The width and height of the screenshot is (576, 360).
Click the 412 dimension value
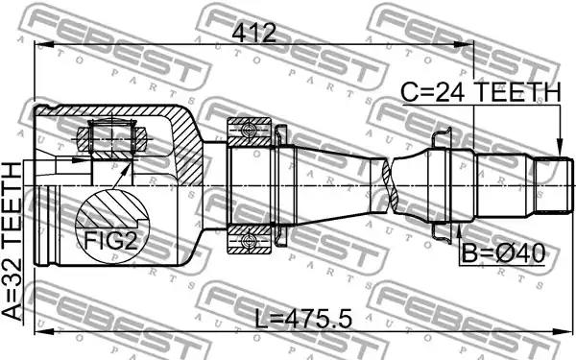pyautogui.click(x=253, y=33)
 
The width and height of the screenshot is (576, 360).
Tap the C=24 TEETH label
pyautogui.click(x=481, y=92)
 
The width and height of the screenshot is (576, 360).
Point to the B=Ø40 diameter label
pyautogui.click(x=503, y=253)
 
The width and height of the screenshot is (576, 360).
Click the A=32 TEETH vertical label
pyautogui.click(x=12, y=242)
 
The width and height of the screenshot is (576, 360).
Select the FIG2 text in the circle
pyautogui.click(x=110, y=241)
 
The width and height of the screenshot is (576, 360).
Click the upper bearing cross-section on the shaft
pyautogui.click(x=250, y=132)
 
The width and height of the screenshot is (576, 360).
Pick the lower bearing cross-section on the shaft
pyautogui.click(x=250, y=239)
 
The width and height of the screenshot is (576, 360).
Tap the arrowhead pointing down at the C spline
pyautogui.click(x=560, y=149)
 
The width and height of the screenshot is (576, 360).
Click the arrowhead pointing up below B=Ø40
pyautogui.click(x=459, y=229)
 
